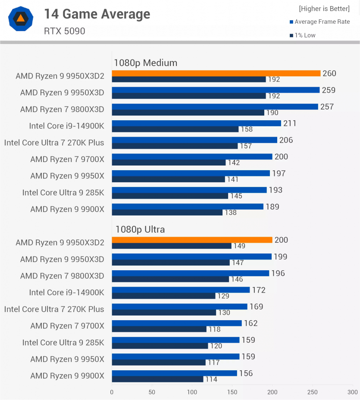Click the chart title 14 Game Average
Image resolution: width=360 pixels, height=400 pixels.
click(x=97, y=14)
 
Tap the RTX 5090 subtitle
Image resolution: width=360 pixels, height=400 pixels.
click(x=64, y=31)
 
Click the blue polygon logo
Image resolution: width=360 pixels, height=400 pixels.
click(x=20, y=19)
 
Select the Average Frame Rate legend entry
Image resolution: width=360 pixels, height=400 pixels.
click(x=322, y=22)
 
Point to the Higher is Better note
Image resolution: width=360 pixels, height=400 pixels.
click(x=324, y=9)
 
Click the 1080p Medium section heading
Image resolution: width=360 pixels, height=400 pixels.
click(x=145, y=63)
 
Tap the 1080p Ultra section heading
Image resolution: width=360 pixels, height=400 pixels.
click(x=139, y=229)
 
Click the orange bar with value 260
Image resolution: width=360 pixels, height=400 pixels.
click(x=216, y=73)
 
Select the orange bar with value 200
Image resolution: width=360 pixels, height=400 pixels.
click(x=192, y=240)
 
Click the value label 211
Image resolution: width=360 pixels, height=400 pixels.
click(x=290, y=124)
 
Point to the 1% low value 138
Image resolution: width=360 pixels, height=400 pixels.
click(x=231, y=212)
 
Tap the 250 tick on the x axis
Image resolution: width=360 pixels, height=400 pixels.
click(x=312, y=392)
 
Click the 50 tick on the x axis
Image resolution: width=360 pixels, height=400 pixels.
click(x=152, y=392)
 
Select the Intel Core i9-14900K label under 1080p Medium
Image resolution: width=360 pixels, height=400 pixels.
click(x=66, y=126)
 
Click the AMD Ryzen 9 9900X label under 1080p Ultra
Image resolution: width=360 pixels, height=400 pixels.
click(x=67, y=376)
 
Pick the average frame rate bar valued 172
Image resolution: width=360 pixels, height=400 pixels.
click(x=181, y=290)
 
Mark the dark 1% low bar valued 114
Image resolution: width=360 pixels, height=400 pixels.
click(x=157, y=379)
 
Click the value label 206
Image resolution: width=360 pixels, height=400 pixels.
click(x=286, y=140)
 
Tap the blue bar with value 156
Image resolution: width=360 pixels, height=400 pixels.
click(x=174, y=373)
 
